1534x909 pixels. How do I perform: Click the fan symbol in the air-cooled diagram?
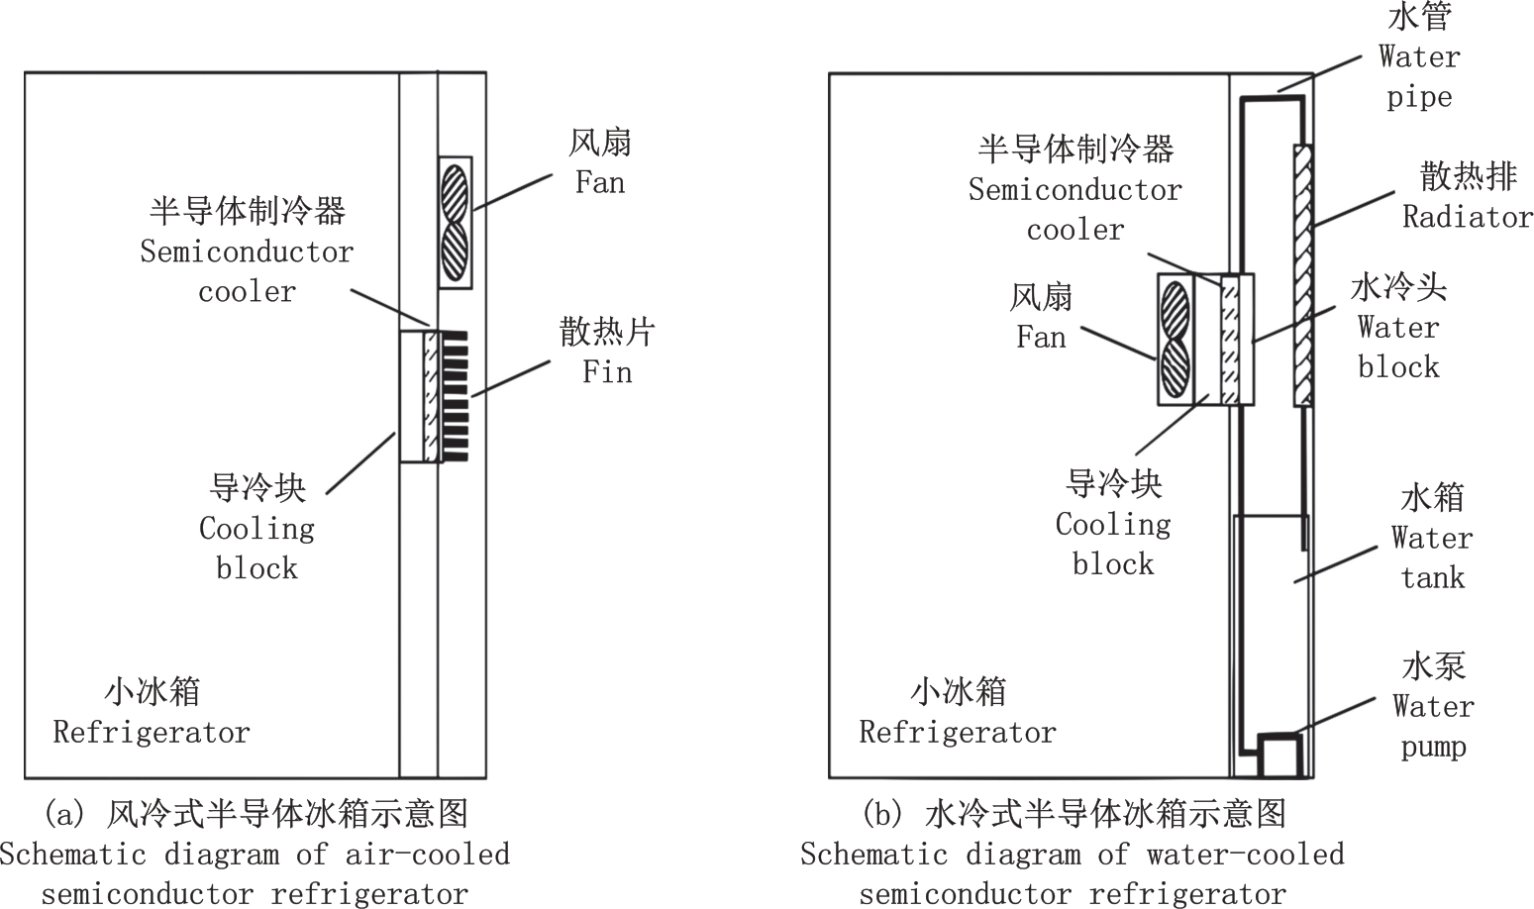click(x=455, y=223)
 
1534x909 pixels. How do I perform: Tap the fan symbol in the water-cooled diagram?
click(x=1176, y=340)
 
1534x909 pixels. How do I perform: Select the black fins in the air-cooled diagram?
click(x=456, y=396)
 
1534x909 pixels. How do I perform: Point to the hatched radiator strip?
click(x=1303, y=276)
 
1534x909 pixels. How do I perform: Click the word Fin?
click(x=607, y=372)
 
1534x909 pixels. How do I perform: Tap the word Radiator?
click(x=1468, y=217)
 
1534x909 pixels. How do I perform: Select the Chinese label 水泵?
click(x=1433, y=665)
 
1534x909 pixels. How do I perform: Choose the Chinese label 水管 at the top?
click(x=1419, y=17)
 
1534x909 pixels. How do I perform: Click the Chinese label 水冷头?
click(x=1398, y=287)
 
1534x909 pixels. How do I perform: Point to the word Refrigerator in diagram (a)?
click(x=152, y=733)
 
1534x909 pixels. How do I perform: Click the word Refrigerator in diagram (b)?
click(x=958, y=733)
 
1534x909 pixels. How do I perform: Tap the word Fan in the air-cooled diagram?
click(x=600, y=183)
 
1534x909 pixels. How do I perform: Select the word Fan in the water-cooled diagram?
click(x=1041, y=338)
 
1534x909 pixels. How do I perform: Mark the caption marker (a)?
click(x=66, y=814)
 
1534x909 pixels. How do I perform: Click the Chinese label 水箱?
click(x=1432, y=497)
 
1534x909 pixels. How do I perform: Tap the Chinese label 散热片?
click(x=607, y=332)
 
